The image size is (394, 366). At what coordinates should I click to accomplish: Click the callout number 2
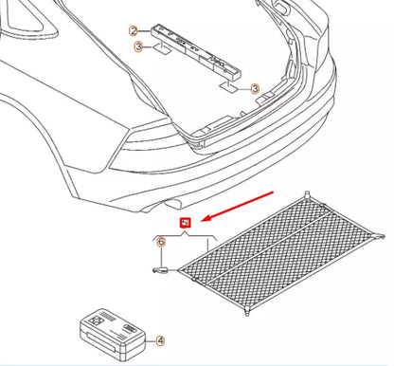pos(134,30)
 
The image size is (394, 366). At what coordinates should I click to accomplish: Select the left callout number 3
pos(138,46)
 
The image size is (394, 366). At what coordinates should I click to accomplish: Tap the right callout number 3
pos(255,88)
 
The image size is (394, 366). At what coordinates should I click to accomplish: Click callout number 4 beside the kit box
pos(160,339)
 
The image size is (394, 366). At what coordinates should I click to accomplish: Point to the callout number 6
pos(161,243)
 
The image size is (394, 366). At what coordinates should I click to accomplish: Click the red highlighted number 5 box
pos(186,223)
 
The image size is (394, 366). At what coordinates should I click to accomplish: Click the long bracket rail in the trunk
pos(200,54)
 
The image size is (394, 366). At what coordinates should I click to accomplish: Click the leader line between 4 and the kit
pos(147,339)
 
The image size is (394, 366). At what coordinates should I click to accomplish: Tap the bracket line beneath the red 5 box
pos(186,236)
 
